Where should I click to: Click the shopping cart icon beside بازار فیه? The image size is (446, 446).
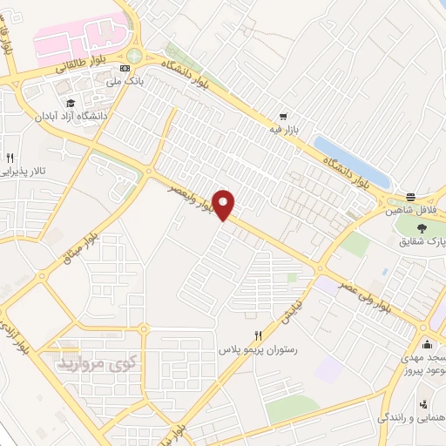(283, 116)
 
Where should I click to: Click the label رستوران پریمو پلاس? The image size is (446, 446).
(258, 348)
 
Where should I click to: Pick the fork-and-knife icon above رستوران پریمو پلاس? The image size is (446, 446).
(258, 334)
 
